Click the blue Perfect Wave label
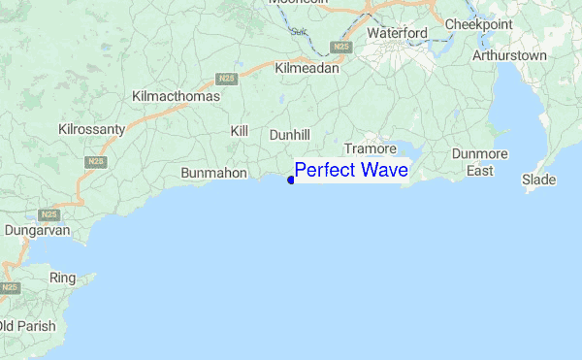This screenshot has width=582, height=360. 351,171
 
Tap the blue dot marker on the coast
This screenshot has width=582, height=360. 291,180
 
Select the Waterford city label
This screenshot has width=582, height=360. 397,33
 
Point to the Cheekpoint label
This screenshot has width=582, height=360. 478,24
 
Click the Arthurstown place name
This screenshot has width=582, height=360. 509,55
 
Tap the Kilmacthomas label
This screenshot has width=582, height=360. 176,97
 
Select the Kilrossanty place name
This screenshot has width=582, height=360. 94,128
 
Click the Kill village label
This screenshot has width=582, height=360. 240,130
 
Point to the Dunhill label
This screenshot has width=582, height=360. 289,134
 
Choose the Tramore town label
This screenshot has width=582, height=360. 371,149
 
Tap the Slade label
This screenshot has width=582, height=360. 538,180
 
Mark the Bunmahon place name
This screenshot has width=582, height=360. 215,173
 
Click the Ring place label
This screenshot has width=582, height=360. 62,278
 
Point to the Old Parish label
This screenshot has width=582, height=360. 28,325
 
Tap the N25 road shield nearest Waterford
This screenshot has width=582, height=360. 339,47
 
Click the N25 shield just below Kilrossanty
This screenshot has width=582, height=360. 95,161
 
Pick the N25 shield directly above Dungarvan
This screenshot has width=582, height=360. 49,213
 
